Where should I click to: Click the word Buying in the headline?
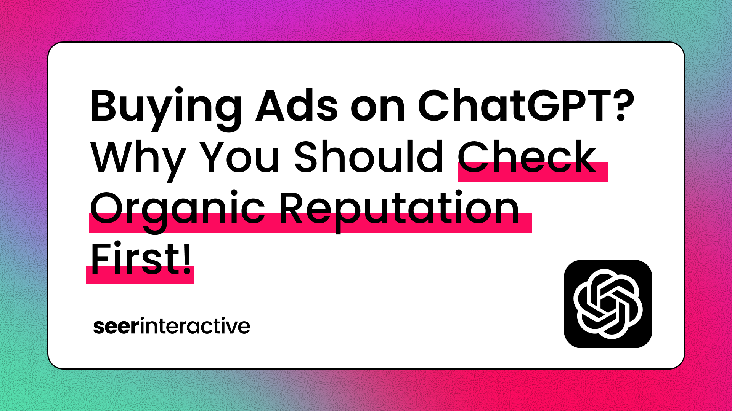click(166, 108)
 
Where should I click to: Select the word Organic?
click(178, 212)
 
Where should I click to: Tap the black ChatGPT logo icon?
click(608, 304)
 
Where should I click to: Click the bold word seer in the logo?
click(116, 327)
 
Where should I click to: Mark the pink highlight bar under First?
click(140, 275)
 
